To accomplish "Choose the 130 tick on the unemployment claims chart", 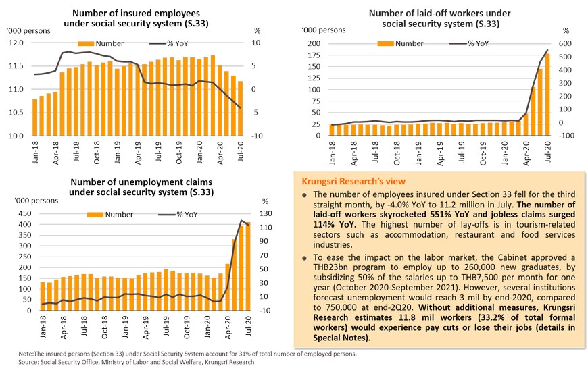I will (266, 213).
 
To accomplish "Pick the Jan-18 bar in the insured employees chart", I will (35, 117).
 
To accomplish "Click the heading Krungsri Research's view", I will (348, 182).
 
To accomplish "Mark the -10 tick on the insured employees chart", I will (258, 136).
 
